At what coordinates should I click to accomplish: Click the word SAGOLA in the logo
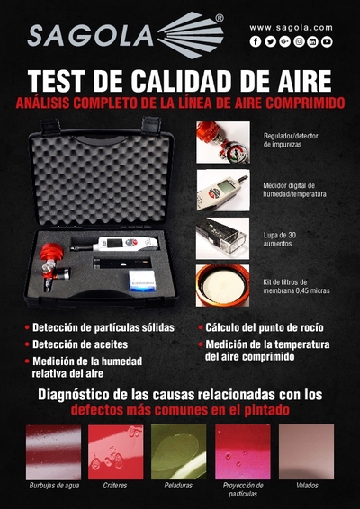point(90,37)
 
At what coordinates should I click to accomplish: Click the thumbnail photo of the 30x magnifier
point(222,238)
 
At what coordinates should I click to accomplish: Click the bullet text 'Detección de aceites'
point(80,344)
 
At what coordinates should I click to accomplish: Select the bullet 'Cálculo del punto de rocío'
point(265,328)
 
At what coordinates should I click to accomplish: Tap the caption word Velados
point(307,486)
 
